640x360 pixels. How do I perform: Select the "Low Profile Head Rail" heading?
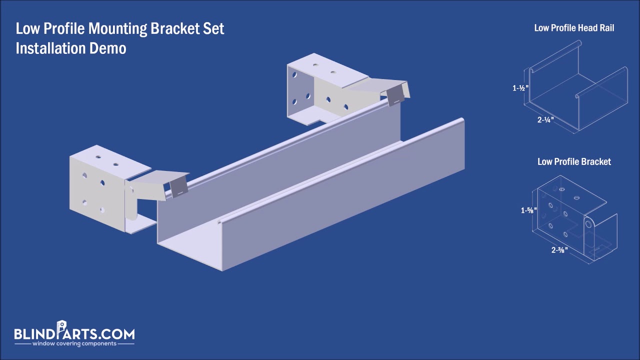574,28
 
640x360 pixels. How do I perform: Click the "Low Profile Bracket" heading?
574,161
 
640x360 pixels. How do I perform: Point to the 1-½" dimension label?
520,88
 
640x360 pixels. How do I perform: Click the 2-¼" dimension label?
545,120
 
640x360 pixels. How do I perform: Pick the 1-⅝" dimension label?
528,210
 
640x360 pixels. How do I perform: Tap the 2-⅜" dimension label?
559,250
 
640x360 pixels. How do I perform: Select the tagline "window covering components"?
74,344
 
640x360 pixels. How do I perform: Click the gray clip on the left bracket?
178,187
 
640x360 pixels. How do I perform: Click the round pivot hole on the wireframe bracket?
589,221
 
